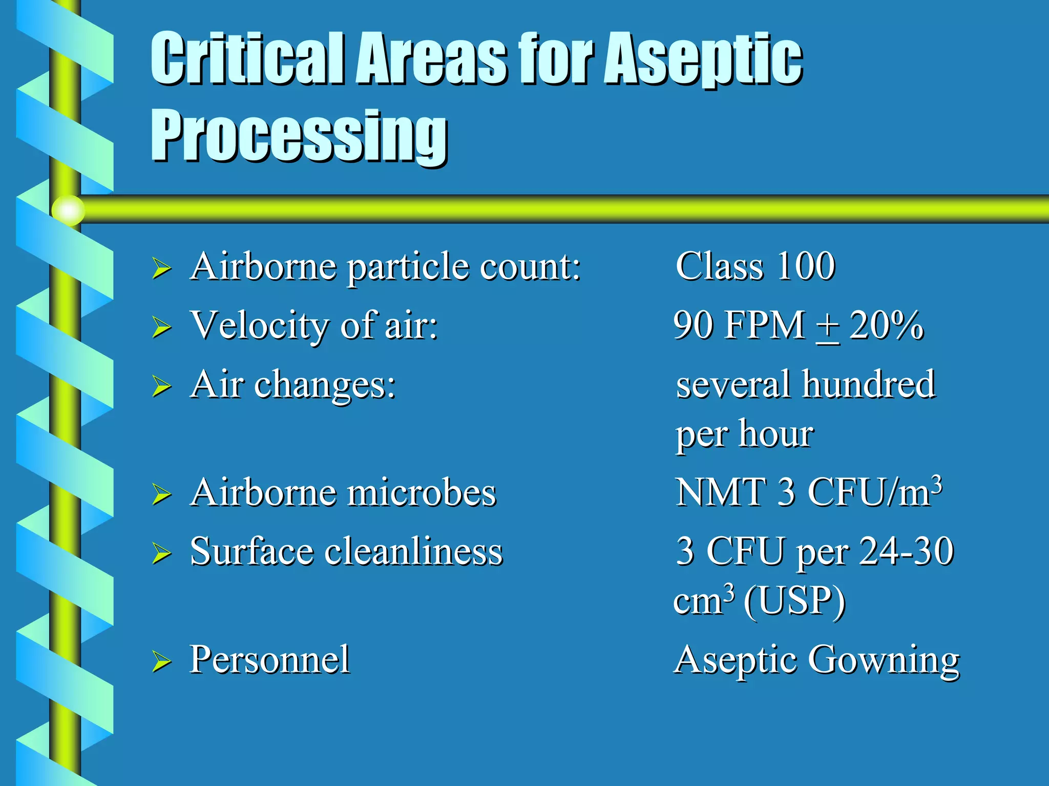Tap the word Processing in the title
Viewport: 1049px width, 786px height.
click(299, 136)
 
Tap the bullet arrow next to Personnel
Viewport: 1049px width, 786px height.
click(161, 661)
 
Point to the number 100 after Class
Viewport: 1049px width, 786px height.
click(806, 266)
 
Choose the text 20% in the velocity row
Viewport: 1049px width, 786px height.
click(886, 325)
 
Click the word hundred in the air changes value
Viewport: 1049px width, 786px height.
click(869, 384)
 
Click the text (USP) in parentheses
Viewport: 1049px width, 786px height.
click(794, 601)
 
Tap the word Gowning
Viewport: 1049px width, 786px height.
click(884, 660)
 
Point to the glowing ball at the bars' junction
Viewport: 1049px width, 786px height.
click(68, 210)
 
